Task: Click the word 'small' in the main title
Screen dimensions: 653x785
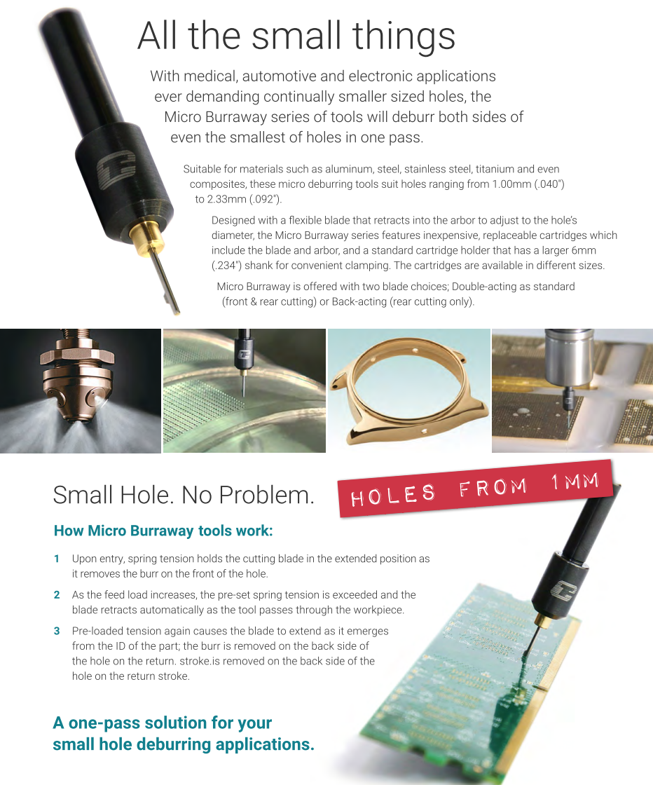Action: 297,36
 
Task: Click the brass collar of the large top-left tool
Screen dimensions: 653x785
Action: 146,238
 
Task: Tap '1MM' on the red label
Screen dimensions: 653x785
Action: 575,482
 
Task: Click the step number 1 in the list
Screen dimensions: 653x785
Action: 57,559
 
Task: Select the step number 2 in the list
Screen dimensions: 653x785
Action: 57,595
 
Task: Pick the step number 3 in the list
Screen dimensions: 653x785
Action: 57,631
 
